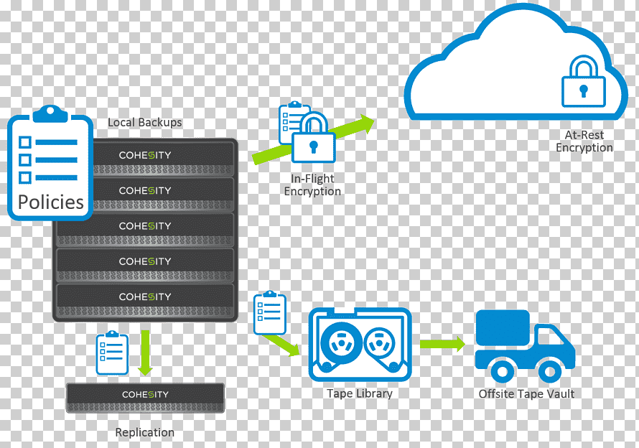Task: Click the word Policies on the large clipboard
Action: [x=51, y=202]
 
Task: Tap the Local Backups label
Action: [x=144, y=122]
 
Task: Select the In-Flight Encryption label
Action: [x=312, y=185]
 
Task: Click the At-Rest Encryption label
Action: [x=584, y=141]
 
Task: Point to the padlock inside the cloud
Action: [x=583, y=82]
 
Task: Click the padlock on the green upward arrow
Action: [x=313, y=138]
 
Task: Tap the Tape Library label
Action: [x=360, y=393]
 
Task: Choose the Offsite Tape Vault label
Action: [x=526, y=393]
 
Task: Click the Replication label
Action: [x=144, y=432]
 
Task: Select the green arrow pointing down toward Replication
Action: [x=145, y=353]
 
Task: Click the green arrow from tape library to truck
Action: [x=442, y=344]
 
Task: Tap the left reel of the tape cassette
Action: [x=341, y=342]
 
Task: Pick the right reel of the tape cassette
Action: [x=380, y=343]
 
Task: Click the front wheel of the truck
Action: [x=550, y=371]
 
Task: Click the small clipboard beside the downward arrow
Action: [x=112, y=353]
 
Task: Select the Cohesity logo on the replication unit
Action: [x=145, y=395]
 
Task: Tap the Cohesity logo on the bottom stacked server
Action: [x=145, y=297]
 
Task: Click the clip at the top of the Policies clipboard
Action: [x=50, y=113]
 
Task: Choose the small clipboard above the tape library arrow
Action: [x=270, y=313]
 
